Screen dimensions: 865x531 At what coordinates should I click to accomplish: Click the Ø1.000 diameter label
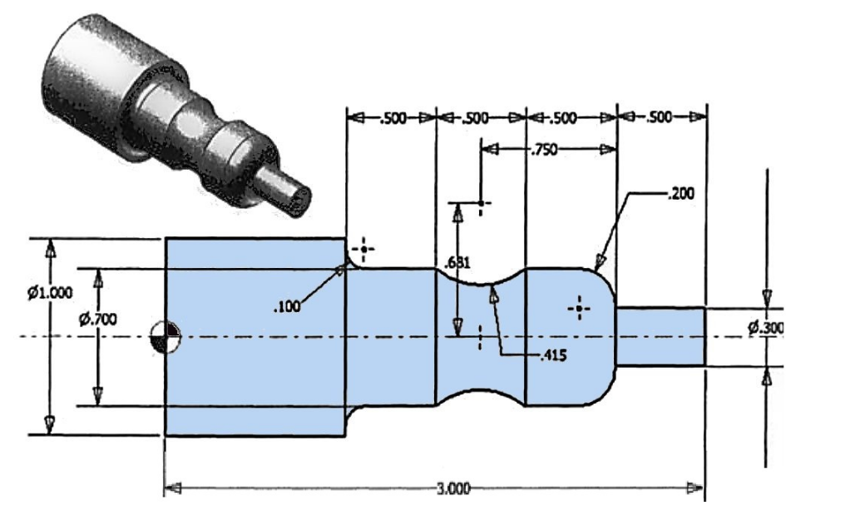[50, 292]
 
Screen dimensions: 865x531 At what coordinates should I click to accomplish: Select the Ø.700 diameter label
[97, 319]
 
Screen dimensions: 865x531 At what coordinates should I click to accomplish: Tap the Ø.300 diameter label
[766, 328]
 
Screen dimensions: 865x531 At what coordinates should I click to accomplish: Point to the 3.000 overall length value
[453, 489]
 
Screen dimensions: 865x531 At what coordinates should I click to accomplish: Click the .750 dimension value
[544, 150]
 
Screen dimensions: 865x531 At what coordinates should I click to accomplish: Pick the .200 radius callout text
[680, 194]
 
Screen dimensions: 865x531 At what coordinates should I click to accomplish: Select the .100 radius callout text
[288, 307]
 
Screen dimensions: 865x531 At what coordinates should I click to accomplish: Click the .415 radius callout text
[553, 355]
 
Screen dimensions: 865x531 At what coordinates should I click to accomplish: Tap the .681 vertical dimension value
[458, 263]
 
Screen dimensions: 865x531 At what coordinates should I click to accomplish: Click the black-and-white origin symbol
[166, 336]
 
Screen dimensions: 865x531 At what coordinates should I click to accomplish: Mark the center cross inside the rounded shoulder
[579, 308]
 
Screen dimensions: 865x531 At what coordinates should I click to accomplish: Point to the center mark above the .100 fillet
[363, 250]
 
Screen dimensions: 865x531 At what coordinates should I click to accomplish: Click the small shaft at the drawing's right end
[660, 336]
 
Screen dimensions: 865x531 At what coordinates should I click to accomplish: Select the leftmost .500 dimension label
[393, 118]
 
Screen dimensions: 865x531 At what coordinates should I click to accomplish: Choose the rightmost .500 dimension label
[659, 117]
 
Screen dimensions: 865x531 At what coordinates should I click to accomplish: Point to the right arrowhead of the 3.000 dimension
[695, 488]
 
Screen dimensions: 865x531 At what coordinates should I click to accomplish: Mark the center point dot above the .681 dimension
[481, 204]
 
